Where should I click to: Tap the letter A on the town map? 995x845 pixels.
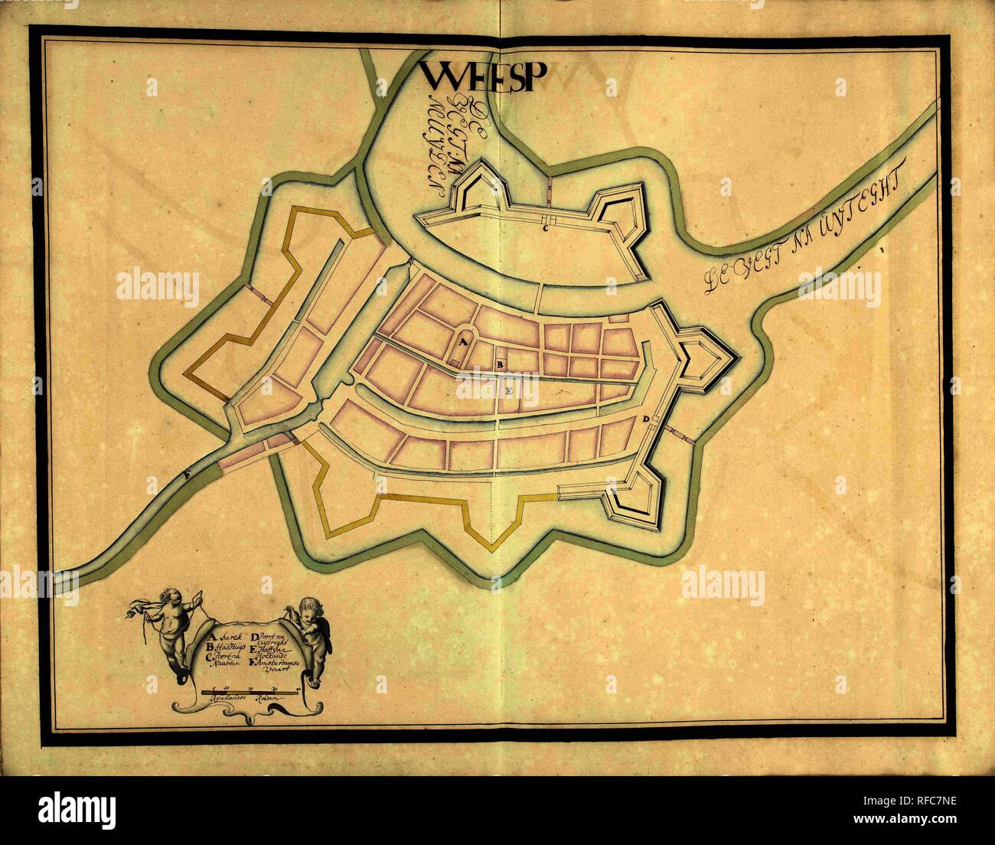point(462,344)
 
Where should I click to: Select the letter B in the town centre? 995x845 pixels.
point(500,365)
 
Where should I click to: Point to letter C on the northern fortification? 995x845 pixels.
point(546,227)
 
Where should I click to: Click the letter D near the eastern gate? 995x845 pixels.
point(646,419)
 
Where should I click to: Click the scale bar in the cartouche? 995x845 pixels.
point(249,691)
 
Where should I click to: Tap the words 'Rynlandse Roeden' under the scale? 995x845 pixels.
point(249,702)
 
